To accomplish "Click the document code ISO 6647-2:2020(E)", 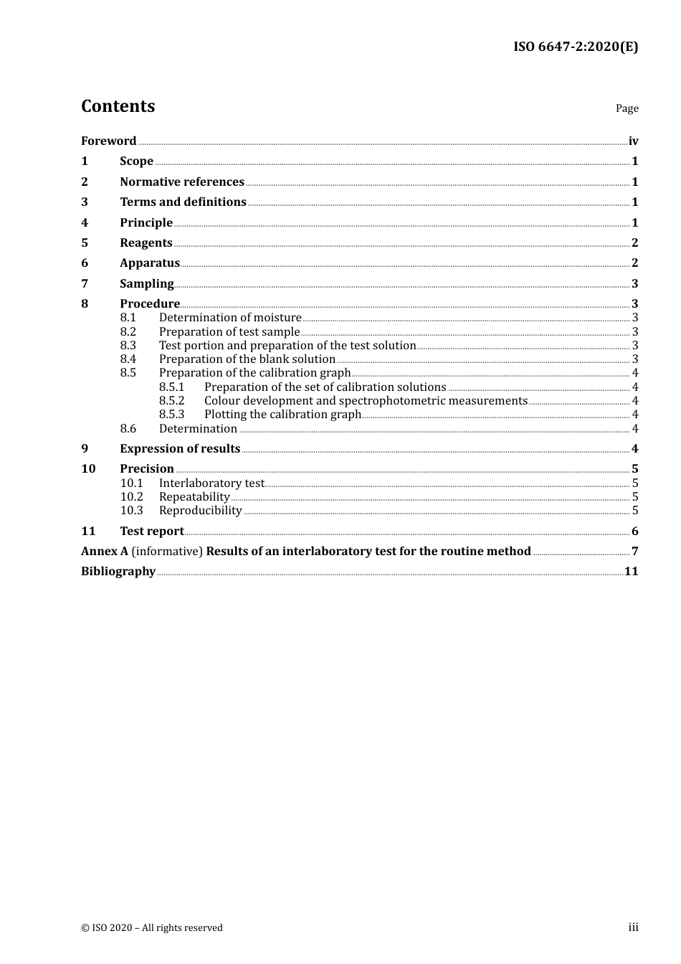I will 575,47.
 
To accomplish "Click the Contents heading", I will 118,106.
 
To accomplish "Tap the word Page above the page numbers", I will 627,108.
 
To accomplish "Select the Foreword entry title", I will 108,141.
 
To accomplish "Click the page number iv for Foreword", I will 633,141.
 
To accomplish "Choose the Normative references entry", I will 182,182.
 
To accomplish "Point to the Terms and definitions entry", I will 183,202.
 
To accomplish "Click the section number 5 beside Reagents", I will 85,243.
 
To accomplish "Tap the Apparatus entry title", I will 149,263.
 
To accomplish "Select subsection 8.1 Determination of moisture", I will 229,318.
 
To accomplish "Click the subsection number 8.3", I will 128,346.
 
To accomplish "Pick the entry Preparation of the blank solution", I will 247,359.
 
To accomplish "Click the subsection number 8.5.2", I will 171,401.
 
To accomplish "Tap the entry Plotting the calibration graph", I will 282,415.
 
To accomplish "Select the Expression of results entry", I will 180,449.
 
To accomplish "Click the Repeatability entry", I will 194,497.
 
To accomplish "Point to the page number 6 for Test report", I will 634,531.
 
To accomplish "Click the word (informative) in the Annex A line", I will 167,552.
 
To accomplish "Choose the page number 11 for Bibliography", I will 631,572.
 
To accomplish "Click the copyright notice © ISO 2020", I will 151,928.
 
